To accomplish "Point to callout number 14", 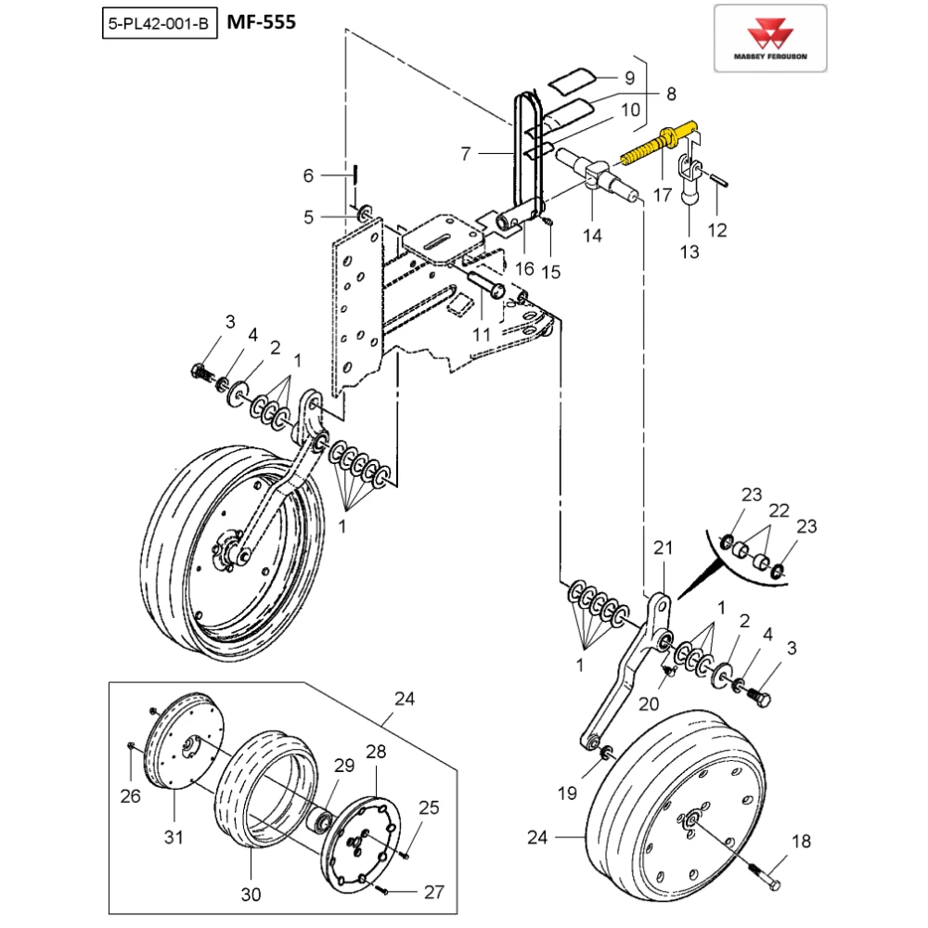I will click(x=592, y=236).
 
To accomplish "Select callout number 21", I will click(x=661, y=549).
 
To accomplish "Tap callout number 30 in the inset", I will click(x=251, y=895).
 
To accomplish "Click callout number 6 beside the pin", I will click(x=309, y=174).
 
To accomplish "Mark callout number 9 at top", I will click(x=628, y=77).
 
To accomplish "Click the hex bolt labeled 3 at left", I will click(x=199, y=374).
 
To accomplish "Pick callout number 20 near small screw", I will click(x=649, y=704).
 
